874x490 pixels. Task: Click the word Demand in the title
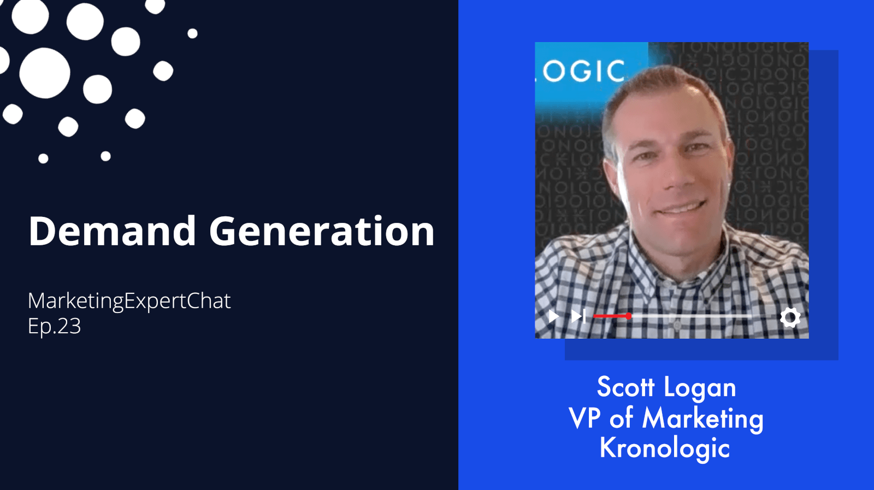(x=112, y=231)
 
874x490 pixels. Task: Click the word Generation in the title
(x=322, y=231)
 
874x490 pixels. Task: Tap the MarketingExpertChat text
(x=129, y=302)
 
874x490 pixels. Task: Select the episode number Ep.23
(x=54, y=326)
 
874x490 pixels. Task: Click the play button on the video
(x=553, y=316)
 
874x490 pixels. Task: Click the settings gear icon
(x=790, y=317)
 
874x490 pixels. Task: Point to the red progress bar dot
(x=629, y=316)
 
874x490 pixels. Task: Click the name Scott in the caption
(x=625, y=387)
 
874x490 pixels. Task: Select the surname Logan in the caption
(x=700, y=388)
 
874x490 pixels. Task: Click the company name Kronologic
(x=664, y=448)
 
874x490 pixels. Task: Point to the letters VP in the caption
(x=584, y=418)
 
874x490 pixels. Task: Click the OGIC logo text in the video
(x=584, y=71)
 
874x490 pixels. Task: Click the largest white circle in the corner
(x=45, y=73)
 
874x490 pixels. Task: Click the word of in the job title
(x=621, y=418)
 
